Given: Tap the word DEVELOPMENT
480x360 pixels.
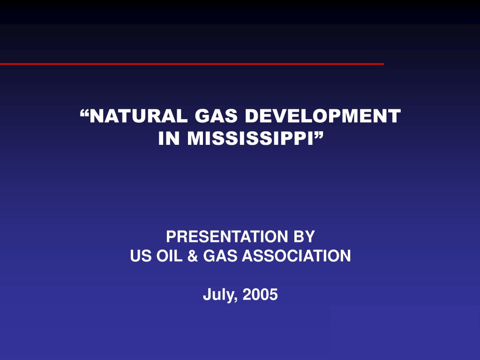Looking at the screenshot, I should (x=323, y=115).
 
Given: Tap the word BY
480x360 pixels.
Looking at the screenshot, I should (x=304, y=236).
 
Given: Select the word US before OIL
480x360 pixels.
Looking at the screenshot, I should (x=139, y=256).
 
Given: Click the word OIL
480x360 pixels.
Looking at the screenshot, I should (x=167, y=256).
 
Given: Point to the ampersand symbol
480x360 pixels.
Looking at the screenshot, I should (x=192, y=256).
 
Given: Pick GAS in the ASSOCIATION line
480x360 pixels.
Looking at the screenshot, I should (x=218, y=256).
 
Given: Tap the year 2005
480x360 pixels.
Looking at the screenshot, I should (x=261, y=295).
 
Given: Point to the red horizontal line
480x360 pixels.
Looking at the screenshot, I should (x=187, y=63).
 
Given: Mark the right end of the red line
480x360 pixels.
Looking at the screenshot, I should (x=382, y=63).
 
